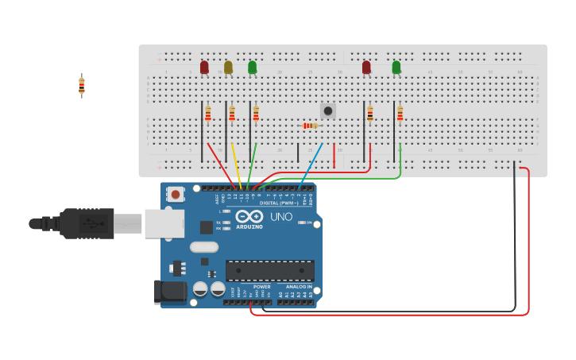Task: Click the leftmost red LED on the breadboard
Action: (x=204, y=68)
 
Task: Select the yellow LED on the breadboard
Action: (x=228, y=68)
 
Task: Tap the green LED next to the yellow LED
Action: (x=253, y=68)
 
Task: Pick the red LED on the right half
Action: (x=366, y=68)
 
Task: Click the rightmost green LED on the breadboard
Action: (x=396, y=68)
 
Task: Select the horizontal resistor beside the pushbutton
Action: (x=310, y=126)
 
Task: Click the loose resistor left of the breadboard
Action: (x=81, y=86)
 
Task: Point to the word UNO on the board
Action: (x=281, y=217)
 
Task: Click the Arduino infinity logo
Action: (x=249, y=216)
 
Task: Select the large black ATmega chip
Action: (x=269, y=270)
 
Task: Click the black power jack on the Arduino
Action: (x=169, y=292)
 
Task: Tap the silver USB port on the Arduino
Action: (x=164, y=224)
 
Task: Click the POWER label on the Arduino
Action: (x=262, y=287)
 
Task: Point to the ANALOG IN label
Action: (x=299, y=287)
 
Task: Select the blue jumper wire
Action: (x=312, y=167)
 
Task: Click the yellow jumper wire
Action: (x=236, y=166)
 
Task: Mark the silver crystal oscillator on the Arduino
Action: (x=203, y=247)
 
